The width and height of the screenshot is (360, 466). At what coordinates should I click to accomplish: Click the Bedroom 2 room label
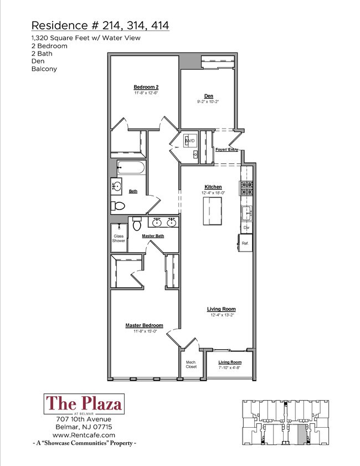point(146,87)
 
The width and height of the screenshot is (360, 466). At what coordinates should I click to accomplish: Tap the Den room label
point(209,95)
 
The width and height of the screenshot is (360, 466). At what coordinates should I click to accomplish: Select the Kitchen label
point(213,187)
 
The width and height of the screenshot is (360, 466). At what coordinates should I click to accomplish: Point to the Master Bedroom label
point(144,325)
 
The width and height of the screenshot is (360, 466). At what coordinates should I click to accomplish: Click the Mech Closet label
point(191,365)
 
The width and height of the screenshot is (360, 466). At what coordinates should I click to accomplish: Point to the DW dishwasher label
point(246,228)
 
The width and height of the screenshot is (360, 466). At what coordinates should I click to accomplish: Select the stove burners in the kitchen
point(246,188)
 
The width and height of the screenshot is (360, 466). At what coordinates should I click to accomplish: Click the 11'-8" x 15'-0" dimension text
point(144,331)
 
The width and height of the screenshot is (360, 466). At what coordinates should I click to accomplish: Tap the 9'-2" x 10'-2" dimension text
point(209,101)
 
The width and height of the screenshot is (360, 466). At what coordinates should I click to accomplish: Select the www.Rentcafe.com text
point(84,436)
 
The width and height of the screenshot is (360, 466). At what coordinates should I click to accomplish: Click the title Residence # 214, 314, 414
point(100,25)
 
